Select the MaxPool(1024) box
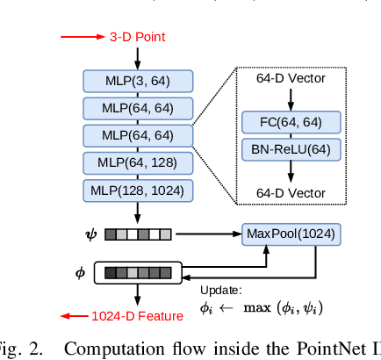point(291,234)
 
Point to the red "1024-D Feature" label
point(138,316)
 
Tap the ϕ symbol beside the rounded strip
point(82,273)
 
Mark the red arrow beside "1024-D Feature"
point(74,316)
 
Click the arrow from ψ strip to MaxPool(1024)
point(207,234)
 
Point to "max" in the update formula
point(260,307)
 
